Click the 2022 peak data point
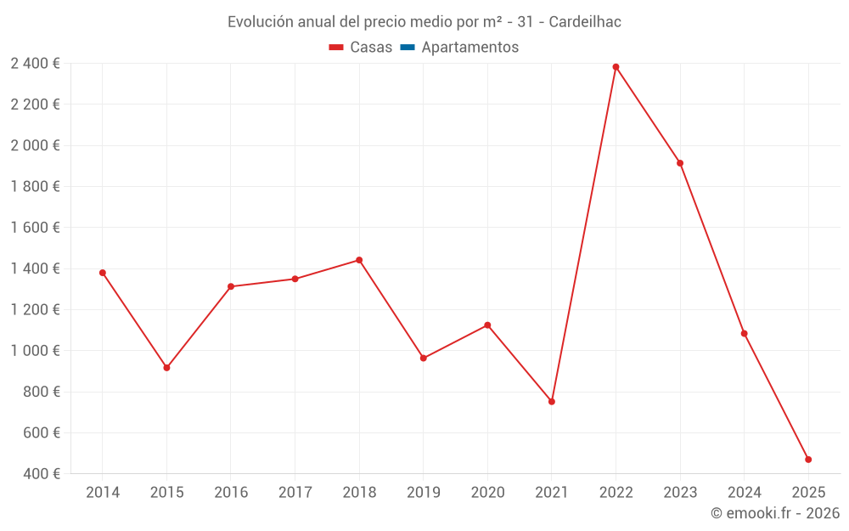(616, 67)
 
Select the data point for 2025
(808, 460)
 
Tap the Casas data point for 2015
(166, 368)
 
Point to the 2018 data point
(359, 260)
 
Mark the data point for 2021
(552, 402)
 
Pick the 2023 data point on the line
(680, 163)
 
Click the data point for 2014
(103, 273)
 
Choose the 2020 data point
(487, 325)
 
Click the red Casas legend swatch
(336, 48)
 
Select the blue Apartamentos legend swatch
(407, 48)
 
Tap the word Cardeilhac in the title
(585, 22)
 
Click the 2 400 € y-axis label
(36, 64)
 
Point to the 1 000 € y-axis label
(36, 351)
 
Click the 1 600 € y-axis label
(36, 228)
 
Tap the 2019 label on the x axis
(424, 493)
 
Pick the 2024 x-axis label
(745, 493)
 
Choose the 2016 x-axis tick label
(231, 493)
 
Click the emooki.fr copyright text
(775, 513)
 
